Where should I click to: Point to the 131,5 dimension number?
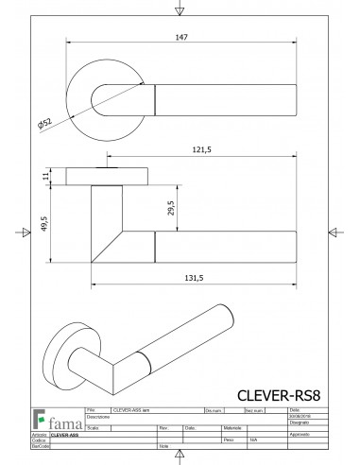pyautogui.click(x=195, y=278)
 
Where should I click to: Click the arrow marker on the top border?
pyautogui.click(x=180, y=10)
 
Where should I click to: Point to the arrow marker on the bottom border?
pyautogui.click(x=180, y=456)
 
